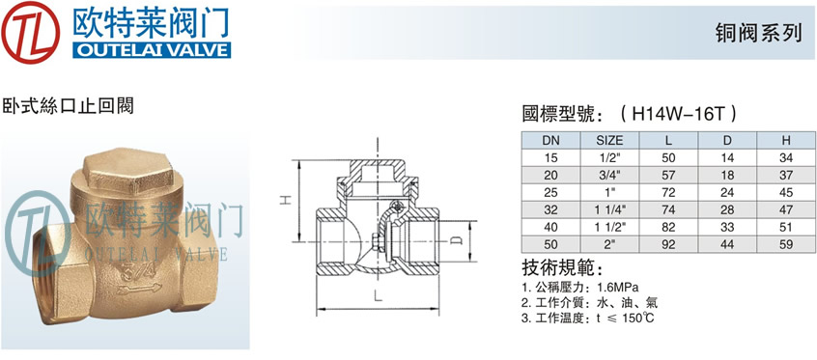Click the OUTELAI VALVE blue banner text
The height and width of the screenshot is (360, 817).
[x=152, y=50]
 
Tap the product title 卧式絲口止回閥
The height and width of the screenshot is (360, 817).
[x=69, y=106]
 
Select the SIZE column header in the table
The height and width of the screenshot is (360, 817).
[x=609, y=140]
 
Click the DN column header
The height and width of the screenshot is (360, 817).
[x=550, y=140]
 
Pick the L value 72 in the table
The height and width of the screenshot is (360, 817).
[x=668, y=193]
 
